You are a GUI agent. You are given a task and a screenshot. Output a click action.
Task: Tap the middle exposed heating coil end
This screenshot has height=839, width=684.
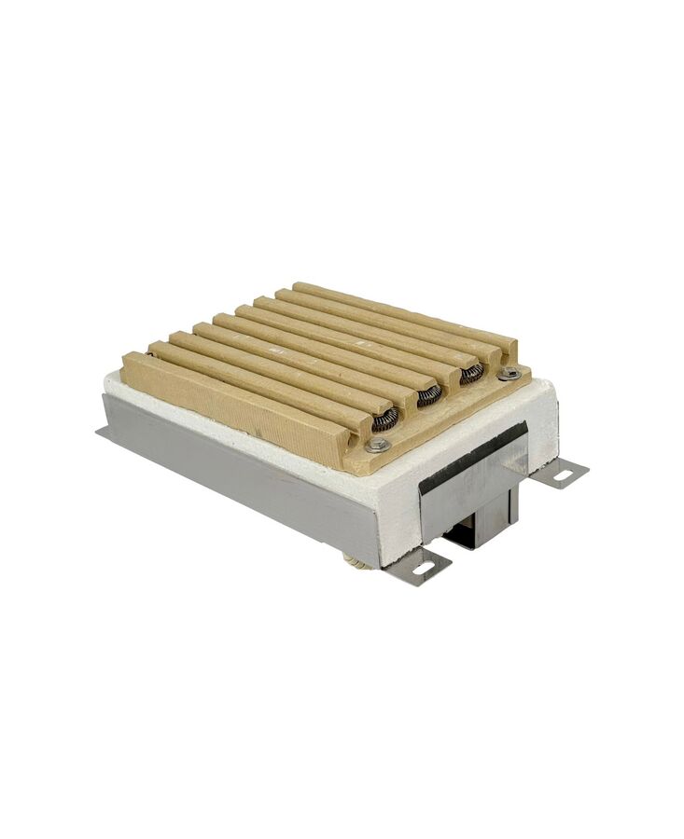(428, 397)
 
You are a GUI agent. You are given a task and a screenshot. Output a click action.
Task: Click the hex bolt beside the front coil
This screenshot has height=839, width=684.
(379, 447)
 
